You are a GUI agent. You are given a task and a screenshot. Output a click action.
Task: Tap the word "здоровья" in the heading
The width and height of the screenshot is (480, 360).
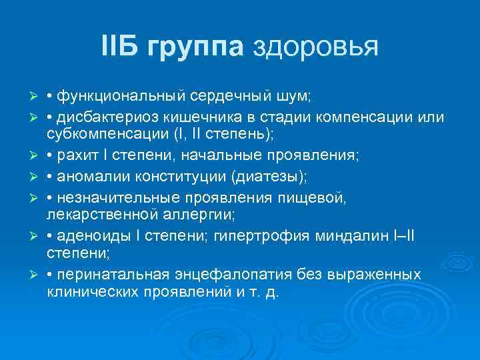point(315,46)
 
